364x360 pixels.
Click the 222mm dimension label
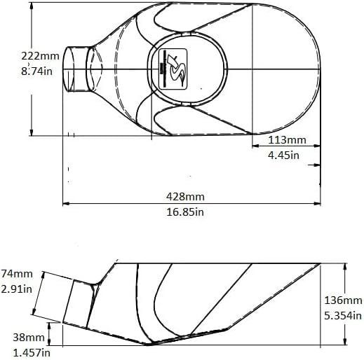[x=40, y=56]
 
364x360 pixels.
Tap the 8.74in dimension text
[x=36, y=71]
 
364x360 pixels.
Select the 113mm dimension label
[x=287, y=140]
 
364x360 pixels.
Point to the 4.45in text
[x=283, y=155]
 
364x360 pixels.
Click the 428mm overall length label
[x=185, y=197]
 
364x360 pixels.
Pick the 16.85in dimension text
[x=185, y=212]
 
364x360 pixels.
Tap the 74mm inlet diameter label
[x=17, y=274]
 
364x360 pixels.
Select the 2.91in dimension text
[x=16, y=289]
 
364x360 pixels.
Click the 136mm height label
[x=343, y=300]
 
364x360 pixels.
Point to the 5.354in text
[x=343, y=316]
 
